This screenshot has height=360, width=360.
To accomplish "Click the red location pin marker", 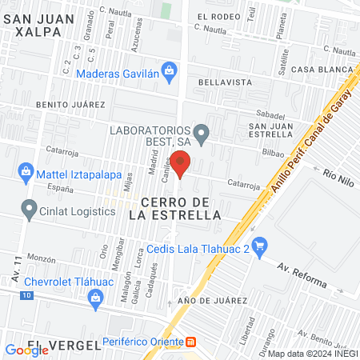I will pyautogui.click(x=181, y=166).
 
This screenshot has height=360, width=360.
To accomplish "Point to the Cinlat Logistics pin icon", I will pyautogui.click(x=30, y=210).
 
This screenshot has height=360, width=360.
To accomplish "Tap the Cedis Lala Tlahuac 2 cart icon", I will pyautogui.click(x=258, y=245).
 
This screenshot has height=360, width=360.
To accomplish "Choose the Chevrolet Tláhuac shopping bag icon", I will pyautogui.click(x=97, y=298).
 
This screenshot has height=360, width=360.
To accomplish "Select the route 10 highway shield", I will pyautogui.click(x=27, y=296).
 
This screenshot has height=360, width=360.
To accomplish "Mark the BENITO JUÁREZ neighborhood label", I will pyautogui.click(x=70, y=105).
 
